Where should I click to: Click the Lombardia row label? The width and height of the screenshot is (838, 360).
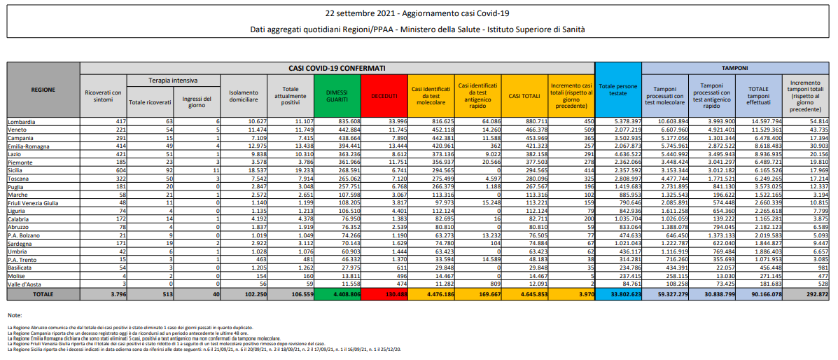pyautogui.click(x=22, y=121)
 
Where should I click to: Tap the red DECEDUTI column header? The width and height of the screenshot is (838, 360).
pyautogui.click(x=384, y=96)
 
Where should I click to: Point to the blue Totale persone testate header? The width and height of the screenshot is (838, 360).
pyautogui.click(x=618, y=90)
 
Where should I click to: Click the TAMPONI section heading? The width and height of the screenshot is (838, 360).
pyautogui.click(x=735, y=69)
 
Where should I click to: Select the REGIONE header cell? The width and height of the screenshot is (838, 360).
pyautogui.click(x=43, y=90)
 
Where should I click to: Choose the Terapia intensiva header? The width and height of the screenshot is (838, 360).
pyautogui.click(x=173, y=81)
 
